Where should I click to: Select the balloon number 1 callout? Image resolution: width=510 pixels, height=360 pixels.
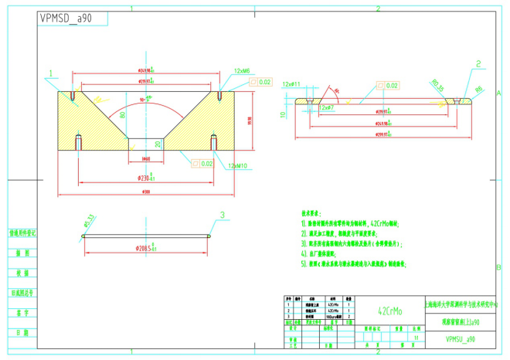pyautogui.click(x=51, y=75)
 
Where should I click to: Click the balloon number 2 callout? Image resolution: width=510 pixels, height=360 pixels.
pyautogui.click(x=478, y=64)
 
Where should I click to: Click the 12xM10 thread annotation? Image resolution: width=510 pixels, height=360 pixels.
pyautogui.click(x=237, y=165)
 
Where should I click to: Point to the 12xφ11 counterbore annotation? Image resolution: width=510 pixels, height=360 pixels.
pyautogui.click(x=291, y=83)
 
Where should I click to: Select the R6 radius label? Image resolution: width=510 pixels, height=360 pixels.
pyautogui.click(x=478, y=90)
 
